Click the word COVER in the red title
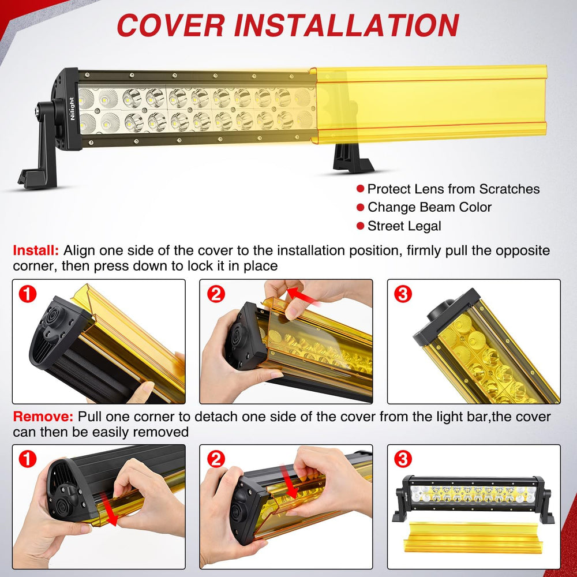tap(171, 25)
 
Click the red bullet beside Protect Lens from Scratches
tap(360, 189)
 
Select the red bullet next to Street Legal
tap(360, 226)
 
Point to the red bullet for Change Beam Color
tap(360, 207)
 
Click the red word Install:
tap(36, 250)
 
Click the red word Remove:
tap(43, 417)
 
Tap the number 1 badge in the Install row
tap(28, 294)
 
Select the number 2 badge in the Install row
tap(216, 294)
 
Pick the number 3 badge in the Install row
tap(403, 294)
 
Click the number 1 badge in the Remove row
tap(28, 459)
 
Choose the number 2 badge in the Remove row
tap(216, 459)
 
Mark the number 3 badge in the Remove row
tap(403, 459)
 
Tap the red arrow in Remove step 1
tap(109, 509)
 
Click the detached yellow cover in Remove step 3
tap(474, 538)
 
